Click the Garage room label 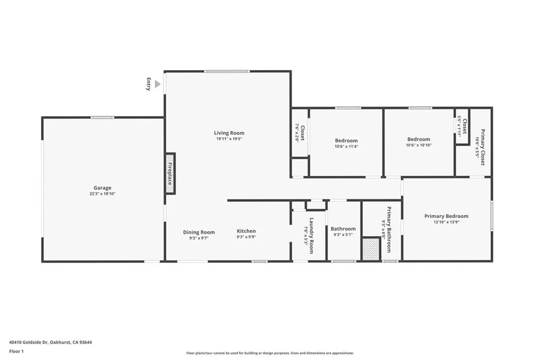coord(102,188)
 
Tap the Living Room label coord(229,133)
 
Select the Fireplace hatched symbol coord(170,173)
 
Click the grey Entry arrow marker coord(157,84)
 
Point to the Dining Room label coord(199,232)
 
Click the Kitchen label coord(246,231)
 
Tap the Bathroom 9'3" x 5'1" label coord(343,229)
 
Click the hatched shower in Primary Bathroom coord(371,249)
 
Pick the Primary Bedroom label coord(446,216)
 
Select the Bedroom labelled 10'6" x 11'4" coord(346,141)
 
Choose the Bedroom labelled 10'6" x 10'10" coord(418,139)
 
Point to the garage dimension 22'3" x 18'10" coord(102,194)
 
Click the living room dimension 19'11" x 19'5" coord(229,139)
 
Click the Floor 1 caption coord(17,351)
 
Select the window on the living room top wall coord(227,71)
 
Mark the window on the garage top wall coord(102,118)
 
